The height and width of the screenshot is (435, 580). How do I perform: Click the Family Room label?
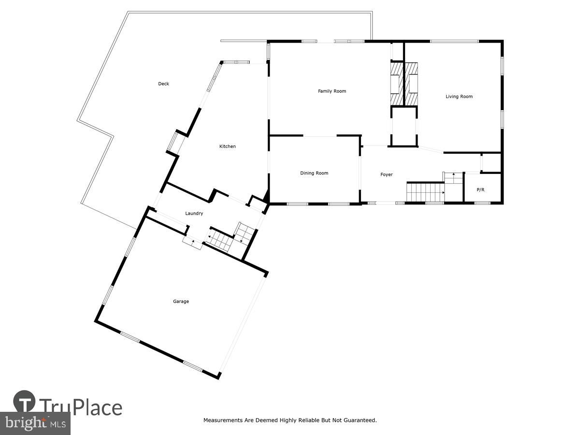click(332, 91)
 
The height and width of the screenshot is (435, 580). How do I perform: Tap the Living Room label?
click(459, 97)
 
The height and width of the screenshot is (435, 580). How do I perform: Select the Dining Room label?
click(314, 173)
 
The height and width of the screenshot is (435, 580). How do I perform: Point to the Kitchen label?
click(227, 146)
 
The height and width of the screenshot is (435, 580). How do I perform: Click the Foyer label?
click(386, 174)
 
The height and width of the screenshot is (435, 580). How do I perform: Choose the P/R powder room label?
click(480, 190)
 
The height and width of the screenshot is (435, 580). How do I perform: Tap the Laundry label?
click(194, 213)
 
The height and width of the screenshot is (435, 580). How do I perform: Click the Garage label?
click(181, 301)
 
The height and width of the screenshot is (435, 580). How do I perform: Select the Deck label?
click(163, 84)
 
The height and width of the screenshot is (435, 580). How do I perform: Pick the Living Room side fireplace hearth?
click(412, 84)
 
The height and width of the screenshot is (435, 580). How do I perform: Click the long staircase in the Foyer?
click(425, 191)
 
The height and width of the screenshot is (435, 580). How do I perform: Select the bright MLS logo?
click(35, 423)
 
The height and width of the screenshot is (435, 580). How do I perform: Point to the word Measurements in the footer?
click(223, 420)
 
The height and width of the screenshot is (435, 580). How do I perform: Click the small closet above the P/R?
click(492, 163)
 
